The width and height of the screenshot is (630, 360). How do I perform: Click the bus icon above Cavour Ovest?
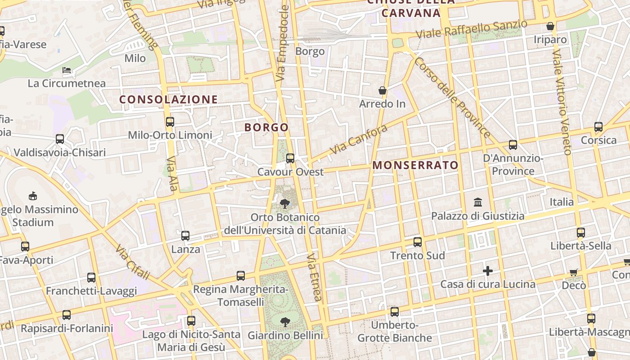point(290,158)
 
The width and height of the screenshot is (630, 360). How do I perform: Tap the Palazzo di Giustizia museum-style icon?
point(478,202)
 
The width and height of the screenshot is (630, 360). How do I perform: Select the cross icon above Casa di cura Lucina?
point(488,271)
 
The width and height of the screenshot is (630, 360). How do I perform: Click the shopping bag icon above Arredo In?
point(382,90)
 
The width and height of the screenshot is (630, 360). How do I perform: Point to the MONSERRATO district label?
point(415,165)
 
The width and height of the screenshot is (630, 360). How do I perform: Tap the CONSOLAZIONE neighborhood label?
point(168,99)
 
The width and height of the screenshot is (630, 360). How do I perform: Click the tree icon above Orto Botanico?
point(285,204)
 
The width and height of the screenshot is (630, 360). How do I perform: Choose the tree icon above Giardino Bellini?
point(285,322)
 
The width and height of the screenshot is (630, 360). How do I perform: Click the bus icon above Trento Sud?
point(418,242)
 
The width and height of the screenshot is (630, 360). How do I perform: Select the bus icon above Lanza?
point(185,235)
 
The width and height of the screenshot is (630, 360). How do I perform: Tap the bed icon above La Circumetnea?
point(67,70)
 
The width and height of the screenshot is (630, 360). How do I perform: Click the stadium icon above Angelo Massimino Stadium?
point(33,196)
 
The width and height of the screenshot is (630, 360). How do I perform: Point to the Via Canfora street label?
point(358,139)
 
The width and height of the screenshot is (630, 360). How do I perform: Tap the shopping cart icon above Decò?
point(574,272)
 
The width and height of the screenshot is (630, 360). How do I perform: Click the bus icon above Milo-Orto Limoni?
point(170,121)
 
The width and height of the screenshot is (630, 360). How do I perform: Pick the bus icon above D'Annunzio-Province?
point(513,145)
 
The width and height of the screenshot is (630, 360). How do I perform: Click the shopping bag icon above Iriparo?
point(550,26)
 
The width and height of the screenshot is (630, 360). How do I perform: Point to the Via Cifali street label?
point(132,262)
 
